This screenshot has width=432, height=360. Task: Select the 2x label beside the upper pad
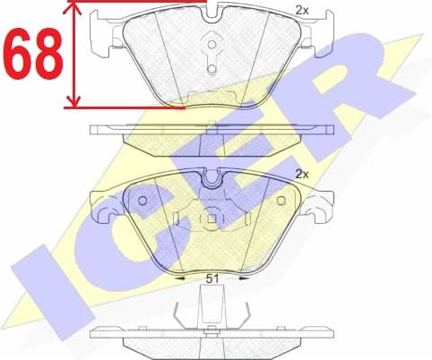pos(302,10)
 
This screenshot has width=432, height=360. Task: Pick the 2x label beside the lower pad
pos(302,174)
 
